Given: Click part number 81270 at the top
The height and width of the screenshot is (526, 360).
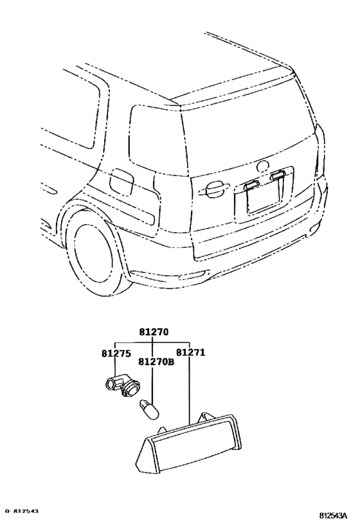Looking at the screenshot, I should point(153,332).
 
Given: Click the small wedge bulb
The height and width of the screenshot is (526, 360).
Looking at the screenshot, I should point(148,406).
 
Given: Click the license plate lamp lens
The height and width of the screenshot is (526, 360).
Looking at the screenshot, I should point(190,443).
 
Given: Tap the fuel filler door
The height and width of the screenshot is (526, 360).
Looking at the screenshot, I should point(120,179).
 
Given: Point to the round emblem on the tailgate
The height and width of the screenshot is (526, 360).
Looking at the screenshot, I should point(263,165).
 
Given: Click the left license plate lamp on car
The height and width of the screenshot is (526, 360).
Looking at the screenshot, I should point(250,184).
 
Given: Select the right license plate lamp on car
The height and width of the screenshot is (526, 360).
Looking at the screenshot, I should point(278,175).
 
